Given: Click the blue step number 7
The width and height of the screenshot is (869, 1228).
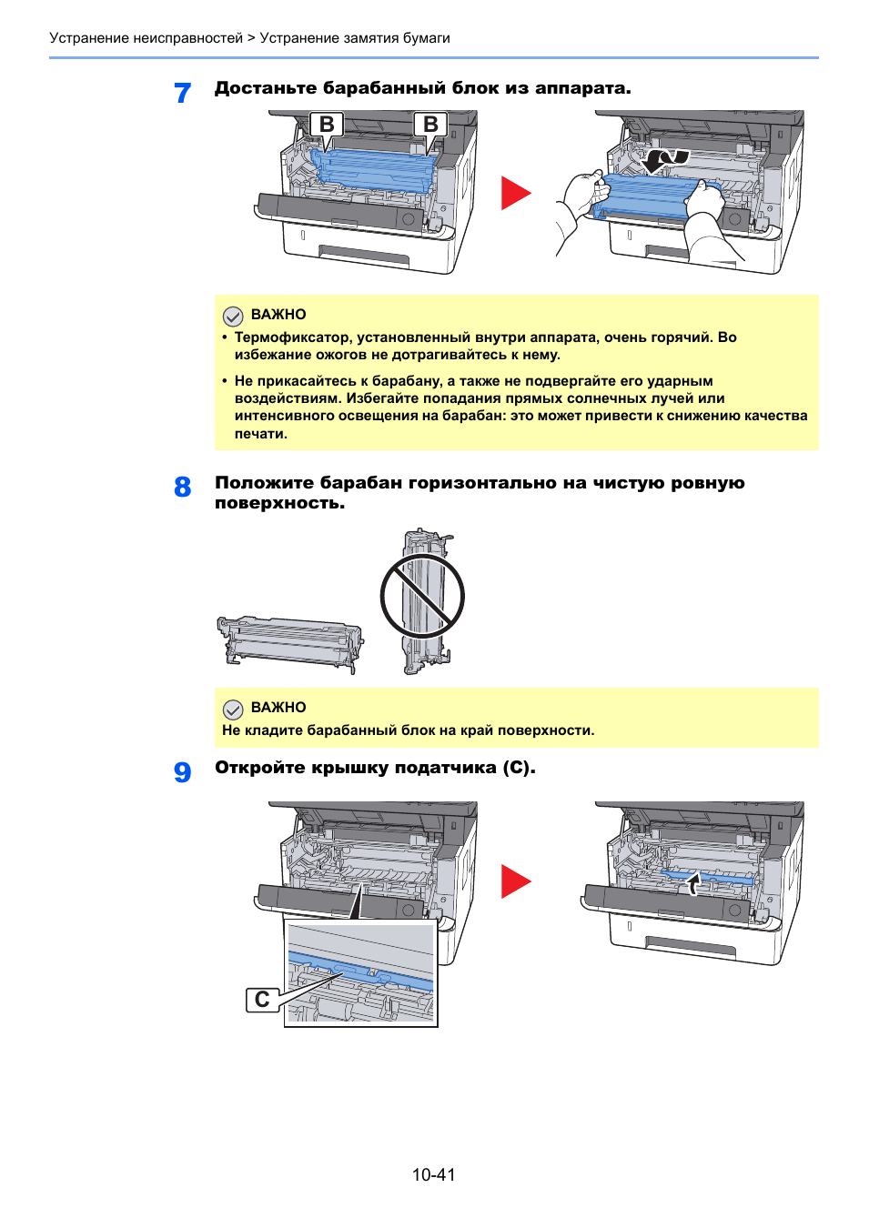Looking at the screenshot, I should (x=182, y=93).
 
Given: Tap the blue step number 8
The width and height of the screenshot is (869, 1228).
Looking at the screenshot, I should (x=182, y=487).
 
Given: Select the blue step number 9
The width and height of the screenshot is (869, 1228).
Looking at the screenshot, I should (x=182, y=771).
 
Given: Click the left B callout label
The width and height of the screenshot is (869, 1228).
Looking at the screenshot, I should (x=327, y=125).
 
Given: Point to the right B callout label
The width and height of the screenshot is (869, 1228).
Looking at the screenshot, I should (x=430, y=125).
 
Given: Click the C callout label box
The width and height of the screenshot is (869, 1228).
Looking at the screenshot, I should (x=262, y=1000).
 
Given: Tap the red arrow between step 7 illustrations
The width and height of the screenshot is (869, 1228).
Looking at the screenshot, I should (x=515, y=193).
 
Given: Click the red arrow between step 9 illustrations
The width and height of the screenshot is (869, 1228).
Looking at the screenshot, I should (x=515, y=881).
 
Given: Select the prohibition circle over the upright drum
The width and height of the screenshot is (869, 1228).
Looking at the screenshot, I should (x=422, y=597).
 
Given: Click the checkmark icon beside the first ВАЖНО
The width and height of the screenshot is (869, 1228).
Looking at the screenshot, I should (x=233, y=316).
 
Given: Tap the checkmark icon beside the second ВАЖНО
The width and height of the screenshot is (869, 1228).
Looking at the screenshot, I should (x=233, y=709).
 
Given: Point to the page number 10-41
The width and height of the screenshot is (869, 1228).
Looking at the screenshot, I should (x=433, y=1174).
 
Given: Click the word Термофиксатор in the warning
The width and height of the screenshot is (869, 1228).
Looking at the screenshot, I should (x=293, y=337).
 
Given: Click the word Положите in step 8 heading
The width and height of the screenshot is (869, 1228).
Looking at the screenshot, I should (x=262, y=483).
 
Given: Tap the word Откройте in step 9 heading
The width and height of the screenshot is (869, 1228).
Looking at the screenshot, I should (x=258, y=768).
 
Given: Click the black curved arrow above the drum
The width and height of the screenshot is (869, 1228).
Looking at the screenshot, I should (x=666, y=161).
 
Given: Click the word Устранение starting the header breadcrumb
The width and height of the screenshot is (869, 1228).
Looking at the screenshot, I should (x=89, y=38).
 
